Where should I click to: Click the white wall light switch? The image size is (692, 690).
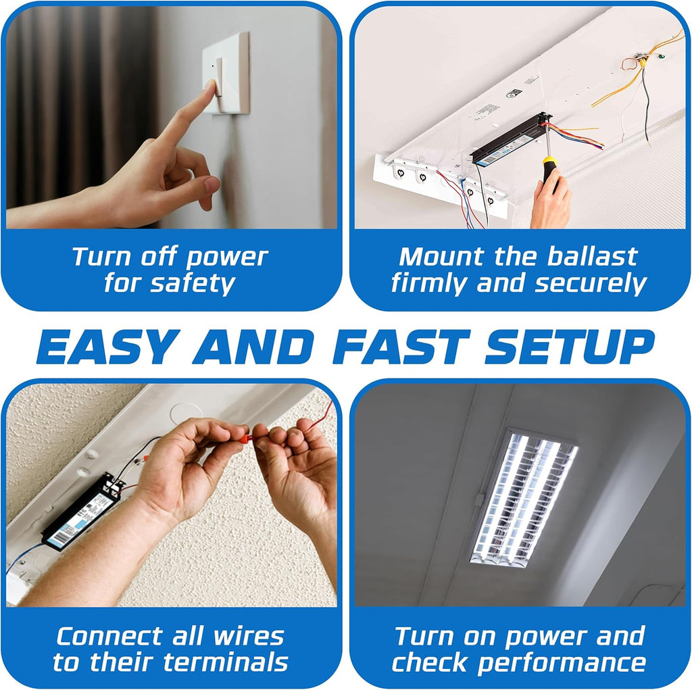pos(227,73)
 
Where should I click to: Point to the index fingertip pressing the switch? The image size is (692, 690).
pos(211,87)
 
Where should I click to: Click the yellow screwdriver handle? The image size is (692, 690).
pos(549,170)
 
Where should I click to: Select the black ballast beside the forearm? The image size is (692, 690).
pos(81,510)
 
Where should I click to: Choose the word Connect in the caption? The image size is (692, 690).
pos(102,636)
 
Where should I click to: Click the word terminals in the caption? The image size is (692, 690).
pos(226,663)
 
